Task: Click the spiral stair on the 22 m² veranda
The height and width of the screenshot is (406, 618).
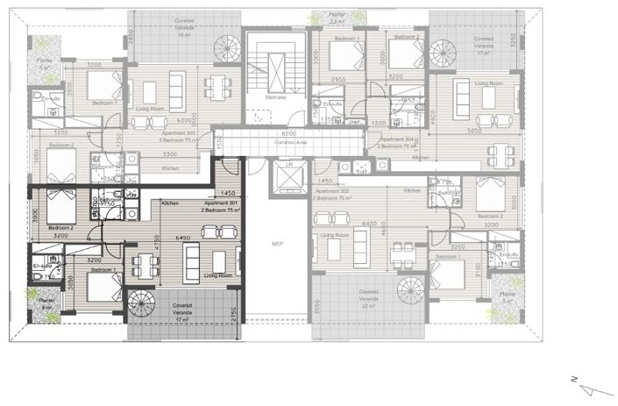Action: pyautogui.click(x=410, y=289)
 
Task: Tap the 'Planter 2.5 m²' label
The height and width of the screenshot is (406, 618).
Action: pyautogui.click(x=337, y=18)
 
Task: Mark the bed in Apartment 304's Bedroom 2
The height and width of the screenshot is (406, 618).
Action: pyautogui.click(x=405, y=53)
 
